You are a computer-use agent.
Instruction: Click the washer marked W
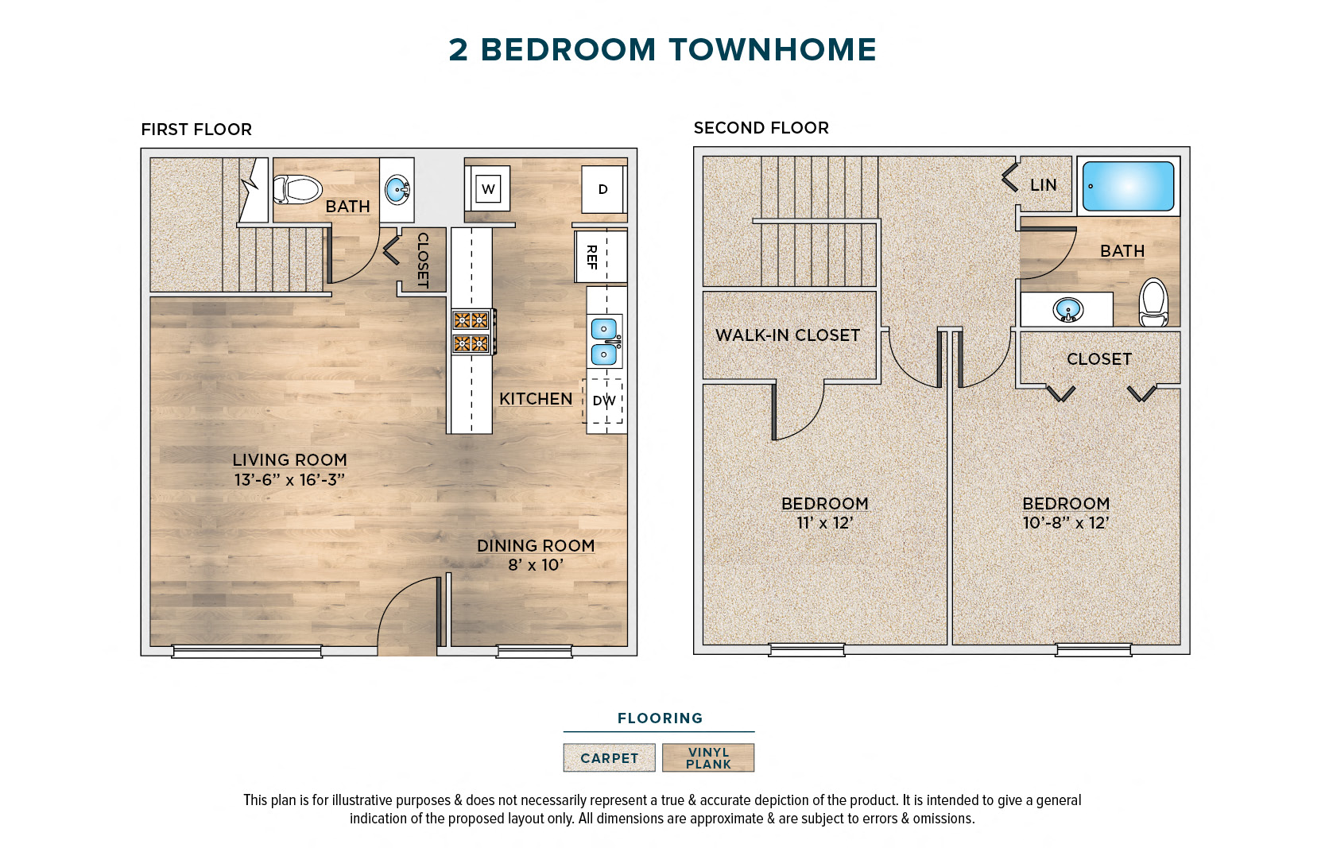coord(488,189)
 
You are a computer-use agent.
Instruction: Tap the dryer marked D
coord(602,189)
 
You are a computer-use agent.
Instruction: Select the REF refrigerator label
coord(592,257)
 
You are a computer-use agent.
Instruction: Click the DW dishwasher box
coord(604,401)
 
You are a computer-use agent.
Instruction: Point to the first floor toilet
coord(297,189)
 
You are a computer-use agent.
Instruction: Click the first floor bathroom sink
coord(396,190)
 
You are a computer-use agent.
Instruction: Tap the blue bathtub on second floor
coord(1128,186)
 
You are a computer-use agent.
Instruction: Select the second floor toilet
coord(1153,303)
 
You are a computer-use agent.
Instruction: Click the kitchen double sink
coord(604,341)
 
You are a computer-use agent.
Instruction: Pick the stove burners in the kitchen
coord(471,331)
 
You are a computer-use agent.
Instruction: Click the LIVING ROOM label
coord(289,460)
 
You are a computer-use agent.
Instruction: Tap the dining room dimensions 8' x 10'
coord(536,565)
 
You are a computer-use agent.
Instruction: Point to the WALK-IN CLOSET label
coord(788,335)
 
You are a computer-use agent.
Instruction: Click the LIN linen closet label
coord(1043,185)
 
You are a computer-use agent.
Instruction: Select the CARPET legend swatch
coord(609,758)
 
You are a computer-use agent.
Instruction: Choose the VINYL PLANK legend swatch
coord(708,758)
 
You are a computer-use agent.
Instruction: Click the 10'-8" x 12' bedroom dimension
coord(1065,523)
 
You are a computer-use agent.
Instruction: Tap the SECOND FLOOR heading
coord(761,128)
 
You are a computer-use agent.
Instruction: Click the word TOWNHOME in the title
coord(772,49)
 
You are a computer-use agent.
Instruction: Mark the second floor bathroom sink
coord(1067,309)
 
